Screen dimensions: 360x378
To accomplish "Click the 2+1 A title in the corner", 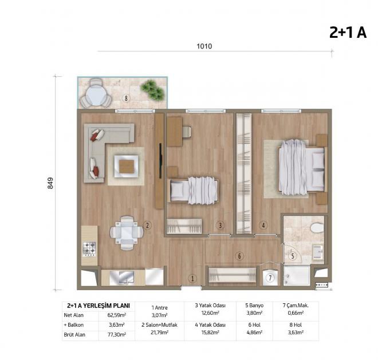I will click(x=348, y=33).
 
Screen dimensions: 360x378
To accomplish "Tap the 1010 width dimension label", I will click(x=204, y=46).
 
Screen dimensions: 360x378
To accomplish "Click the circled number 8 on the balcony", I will click(x=127, y=98).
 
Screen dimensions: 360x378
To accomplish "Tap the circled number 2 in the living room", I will click(x=147, y=226).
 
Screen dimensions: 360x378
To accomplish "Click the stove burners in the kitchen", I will click(x=90, y=249).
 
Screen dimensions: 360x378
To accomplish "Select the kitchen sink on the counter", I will click(x=122, y=277).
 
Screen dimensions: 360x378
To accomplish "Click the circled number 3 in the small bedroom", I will click(x=220, y=226).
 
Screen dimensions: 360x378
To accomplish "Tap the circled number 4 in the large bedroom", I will click(x=263, y=226).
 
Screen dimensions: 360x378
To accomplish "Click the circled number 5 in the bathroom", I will click(x=292, y=256).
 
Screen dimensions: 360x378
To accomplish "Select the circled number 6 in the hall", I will click(x=239, y=256).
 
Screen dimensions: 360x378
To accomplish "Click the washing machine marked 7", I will click(x=271, y=278).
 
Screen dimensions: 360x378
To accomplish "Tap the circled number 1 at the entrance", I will click(x=192, y=278).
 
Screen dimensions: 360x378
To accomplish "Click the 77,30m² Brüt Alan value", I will click(x=116, y=334).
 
